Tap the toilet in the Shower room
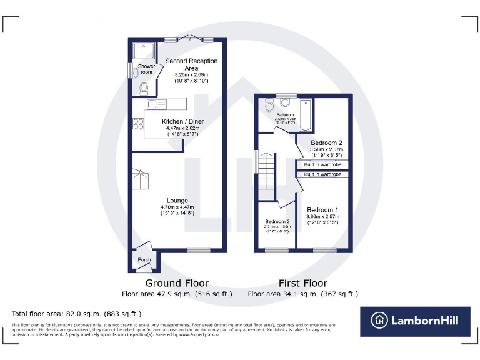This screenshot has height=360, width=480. (x=144, y=87)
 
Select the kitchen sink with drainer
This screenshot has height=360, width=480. (x=156, y=104)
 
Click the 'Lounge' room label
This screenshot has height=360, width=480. (x=177, y=201)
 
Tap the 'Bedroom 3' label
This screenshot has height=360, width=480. (x=277, y=222)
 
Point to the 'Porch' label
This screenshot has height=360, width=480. (x=144, y=259)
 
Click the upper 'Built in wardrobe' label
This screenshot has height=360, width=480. (x=322, y=164)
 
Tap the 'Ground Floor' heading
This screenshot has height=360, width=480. (x=177, y=283)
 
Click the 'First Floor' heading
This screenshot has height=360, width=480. (x=302, y=283)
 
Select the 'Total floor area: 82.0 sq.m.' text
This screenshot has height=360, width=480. (x=77, y=314)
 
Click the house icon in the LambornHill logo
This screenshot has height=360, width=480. (x=379, y=321)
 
